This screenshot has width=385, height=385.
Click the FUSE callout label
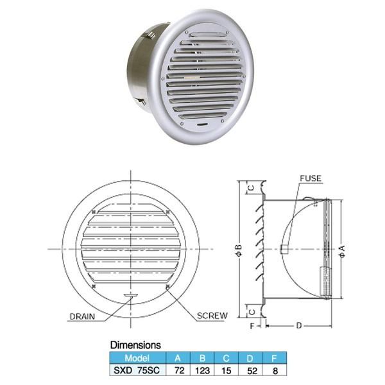pyautogui.click(x=311, y=178)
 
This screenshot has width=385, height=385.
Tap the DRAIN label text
pyautogui.click(x=82, y=316)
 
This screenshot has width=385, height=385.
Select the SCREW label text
pyautogui.click(x=212, y=316)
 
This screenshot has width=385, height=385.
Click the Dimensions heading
pyautogui.click(x=135, y=345)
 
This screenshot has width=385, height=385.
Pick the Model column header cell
pyautogui.click(x=137, y=358)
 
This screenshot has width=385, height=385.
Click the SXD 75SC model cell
pyautogui.click(x=137, y=370)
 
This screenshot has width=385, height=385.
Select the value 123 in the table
pyautogui.click(x=202, y=370)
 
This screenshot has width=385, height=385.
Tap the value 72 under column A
pyautogui.click(x=179, y=370)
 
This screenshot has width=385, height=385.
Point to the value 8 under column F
pyautogui.click(x=275, y=371)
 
